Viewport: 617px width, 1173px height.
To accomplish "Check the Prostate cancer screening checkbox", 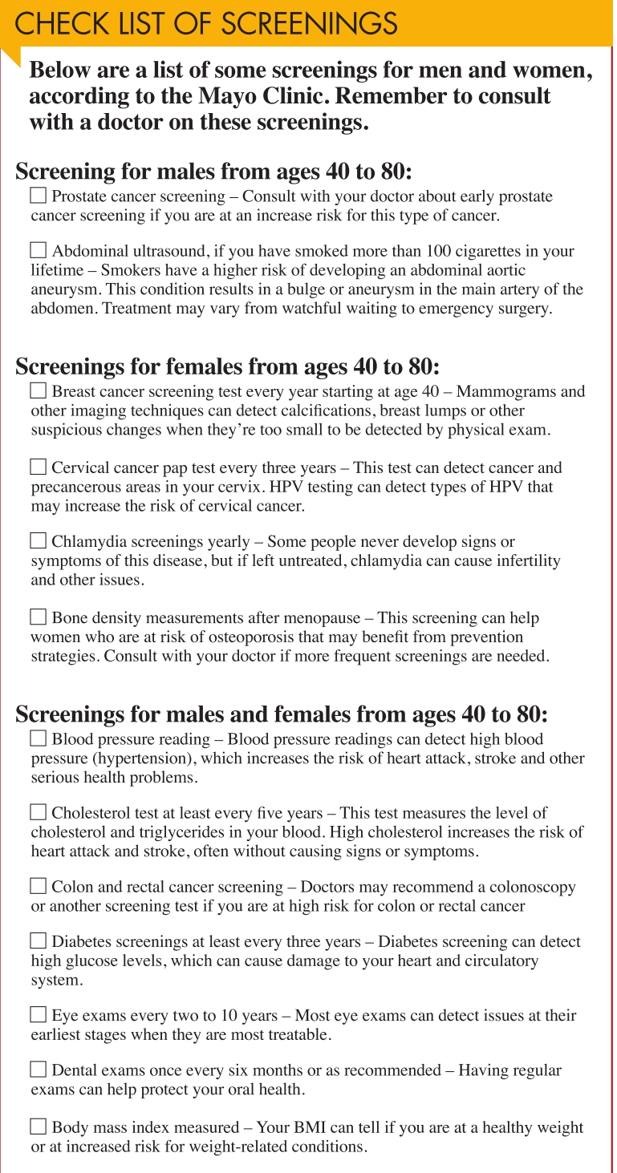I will coord(38,196).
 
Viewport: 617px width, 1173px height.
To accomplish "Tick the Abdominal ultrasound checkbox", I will coord(38,250).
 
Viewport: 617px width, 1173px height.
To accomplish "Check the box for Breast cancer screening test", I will coord(38,391).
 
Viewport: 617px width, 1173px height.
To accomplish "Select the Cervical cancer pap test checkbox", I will coord(38,467).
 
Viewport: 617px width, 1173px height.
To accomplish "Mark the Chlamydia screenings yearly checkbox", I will coord(38,542).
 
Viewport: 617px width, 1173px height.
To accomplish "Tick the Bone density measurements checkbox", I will coord(38,617).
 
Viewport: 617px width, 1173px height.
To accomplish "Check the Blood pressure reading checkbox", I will coord(38,738).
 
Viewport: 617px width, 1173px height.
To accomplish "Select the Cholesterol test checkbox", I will coord(38,813).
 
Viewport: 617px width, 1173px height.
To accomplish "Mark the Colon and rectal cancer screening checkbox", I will coord(38,887).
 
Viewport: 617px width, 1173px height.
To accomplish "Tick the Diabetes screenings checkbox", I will coord(38,940).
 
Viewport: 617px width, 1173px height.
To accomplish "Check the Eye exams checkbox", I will coord(38,1016).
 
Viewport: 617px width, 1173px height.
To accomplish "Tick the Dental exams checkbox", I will coord(38,1070).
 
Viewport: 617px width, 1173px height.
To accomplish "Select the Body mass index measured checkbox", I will coord(38,1126).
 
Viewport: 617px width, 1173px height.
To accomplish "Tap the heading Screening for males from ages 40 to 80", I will coord(213,172).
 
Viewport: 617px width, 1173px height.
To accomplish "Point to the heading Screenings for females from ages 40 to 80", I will coord(228,366).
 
